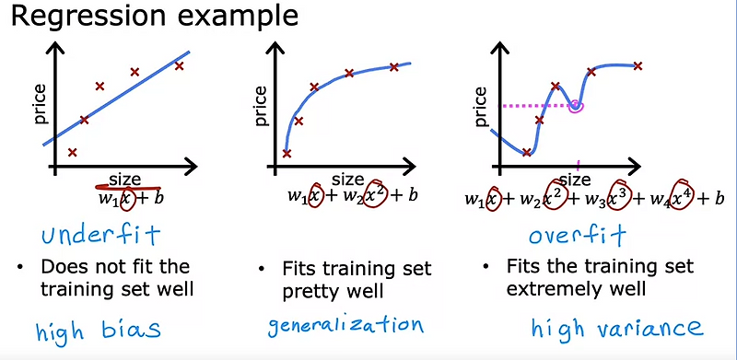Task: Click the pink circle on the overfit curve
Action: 577,107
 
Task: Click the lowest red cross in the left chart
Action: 73,152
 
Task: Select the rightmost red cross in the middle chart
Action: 393,66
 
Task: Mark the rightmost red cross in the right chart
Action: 637,65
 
